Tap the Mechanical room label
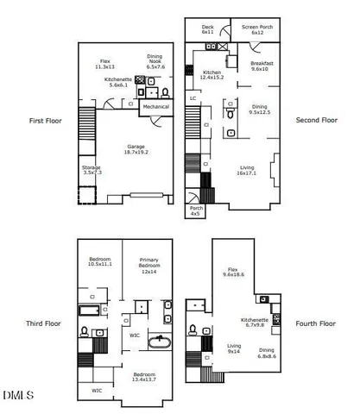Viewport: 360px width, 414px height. pyautogui.click(x=155, y=107)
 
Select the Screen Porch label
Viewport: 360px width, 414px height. pyautogui.click(x=256, y=29)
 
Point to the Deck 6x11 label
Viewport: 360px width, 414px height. pyautogui.click(x=208, y=29)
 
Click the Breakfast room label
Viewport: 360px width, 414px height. pyautogui.click(x=262, y=67)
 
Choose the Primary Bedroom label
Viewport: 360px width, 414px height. pyautogui.click(x=150, y=267)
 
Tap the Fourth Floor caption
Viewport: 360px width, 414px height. pyautogui.click(x=316, y=323)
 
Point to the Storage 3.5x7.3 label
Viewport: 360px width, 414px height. pyautogui.click(x=92, y=170)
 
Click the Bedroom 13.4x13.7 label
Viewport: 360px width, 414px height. pyautogui.click(x=144, y=377)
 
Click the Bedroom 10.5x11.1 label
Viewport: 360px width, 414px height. pyautogui.click(x=103, y=262)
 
